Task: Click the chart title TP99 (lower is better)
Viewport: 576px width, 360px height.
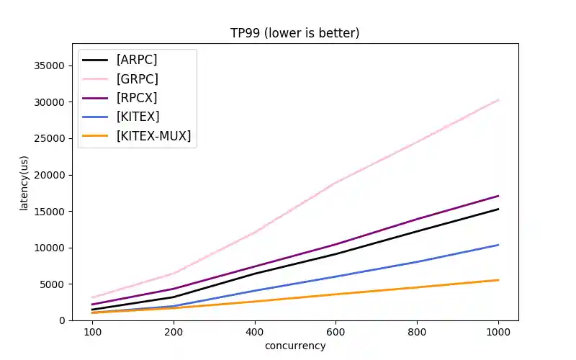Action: (x=294, y=33)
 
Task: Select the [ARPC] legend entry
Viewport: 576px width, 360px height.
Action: (x=137, y=60)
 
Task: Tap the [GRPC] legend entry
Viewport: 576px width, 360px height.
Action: (x=137, y=78)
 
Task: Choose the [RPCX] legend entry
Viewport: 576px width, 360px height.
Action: (x=137, y=97)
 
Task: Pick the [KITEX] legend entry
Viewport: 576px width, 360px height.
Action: (x=138, y=117)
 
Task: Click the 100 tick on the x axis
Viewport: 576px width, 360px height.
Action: (x=92, y=332)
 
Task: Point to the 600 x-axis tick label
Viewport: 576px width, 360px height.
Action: (x=336, y=332)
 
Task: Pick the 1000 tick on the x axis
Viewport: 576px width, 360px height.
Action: (x=498, y=332)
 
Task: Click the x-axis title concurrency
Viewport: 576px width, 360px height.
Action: (x=295, y=346)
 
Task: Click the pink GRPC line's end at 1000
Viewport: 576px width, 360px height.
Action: (x=498, y=100)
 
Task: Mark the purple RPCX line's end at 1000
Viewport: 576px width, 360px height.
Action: (x=498, y=196)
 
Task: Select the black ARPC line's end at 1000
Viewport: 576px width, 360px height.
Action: (x=498, y=209)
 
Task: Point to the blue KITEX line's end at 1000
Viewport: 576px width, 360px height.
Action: (x=498, y=245)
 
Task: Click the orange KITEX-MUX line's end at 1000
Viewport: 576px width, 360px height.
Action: (x=498, y=280)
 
